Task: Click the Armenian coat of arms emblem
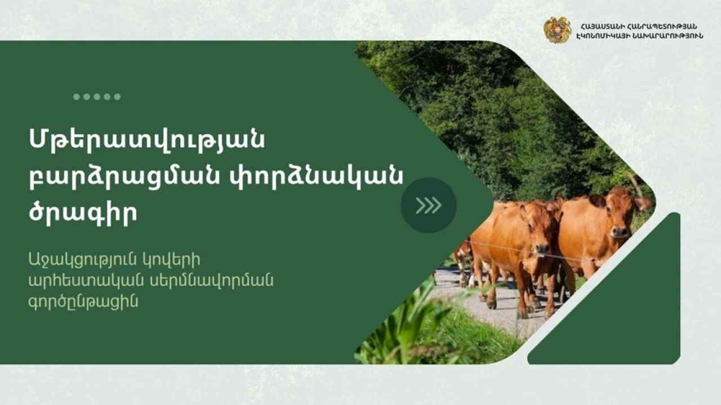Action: coord(557,30)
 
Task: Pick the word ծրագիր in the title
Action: coord(83,214)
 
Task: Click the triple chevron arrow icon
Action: coord(429,205)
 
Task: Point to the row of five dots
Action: coord(97,97)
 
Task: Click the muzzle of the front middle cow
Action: coord(542,248)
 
